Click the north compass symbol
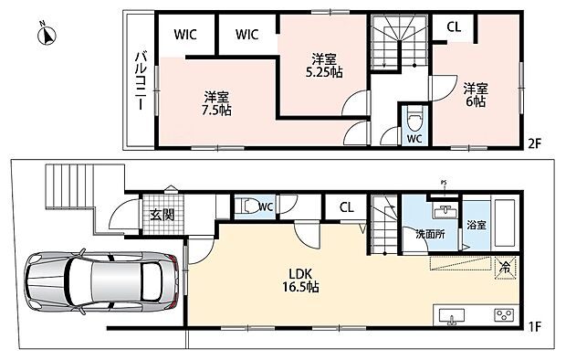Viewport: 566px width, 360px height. tap(47, 35)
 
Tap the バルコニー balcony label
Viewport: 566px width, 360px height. tap(141, 80)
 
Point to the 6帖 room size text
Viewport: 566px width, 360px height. tap(476, 101)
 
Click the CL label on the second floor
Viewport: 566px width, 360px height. tap(454, 27)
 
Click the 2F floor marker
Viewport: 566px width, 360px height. tap(535, 143)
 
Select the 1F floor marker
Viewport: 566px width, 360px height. tap(535, 327)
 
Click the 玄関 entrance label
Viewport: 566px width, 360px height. tap(162, 215)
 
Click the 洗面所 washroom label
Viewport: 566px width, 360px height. tap(430, 234)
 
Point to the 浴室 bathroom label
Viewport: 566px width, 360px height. tap(477, 225)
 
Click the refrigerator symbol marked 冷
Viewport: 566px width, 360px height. tap(506, 268)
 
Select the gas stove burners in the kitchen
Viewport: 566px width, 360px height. tap(503, 315)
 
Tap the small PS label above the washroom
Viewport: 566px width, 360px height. tap(444, 183)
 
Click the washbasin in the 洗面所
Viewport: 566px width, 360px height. tap(445, 211)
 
